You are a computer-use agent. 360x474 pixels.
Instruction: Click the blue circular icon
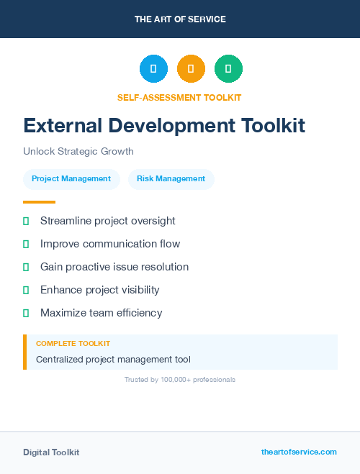153,69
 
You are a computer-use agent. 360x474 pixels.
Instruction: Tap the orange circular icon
191,69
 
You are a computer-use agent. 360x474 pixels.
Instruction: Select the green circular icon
228,69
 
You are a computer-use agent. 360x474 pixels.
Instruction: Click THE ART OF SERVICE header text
180,19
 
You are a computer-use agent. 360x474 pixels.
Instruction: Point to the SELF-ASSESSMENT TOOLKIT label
179,97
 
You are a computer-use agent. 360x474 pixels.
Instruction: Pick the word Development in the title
171,126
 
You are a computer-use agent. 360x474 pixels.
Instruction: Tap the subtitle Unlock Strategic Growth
78,152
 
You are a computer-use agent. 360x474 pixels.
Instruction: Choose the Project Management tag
71,179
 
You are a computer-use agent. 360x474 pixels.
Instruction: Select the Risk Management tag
171,179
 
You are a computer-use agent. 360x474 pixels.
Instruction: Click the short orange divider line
39,202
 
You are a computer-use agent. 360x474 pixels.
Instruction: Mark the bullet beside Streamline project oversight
26,221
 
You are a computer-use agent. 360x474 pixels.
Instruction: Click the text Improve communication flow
110,244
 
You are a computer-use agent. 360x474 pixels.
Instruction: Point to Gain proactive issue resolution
114,267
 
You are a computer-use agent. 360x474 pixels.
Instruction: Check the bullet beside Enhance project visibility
26,290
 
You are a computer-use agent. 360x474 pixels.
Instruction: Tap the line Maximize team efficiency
102,313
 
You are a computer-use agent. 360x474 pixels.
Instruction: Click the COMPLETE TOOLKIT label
73,344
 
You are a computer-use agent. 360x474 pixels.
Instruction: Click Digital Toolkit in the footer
51,452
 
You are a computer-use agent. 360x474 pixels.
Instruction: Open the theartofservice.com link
299,452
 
